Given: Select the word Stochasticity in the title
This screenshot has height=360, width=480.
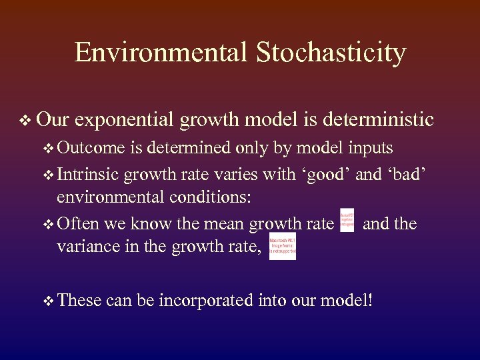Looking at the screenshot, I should click(329, 52).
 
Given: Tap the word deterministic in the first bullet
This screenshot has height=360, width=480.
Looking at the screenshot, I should click(378, 120).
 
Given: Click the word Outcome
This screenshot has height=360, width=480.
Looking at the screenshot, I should click(91, 148).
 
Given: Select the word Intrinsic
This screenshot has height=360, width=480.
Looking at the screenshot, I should click(87, 175).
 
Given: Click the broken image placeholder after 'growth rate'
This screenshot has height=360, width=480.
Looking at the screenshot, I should click(347, 221).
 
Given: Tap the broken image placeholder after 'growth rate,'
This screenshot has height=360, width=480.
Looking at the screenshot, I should click(282, 246).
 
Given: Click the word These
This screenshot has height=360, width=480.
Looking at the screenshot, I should click(79, 301).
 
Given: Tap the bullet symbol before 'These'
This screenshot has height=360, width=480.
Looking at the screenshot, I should click(48, 301).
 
